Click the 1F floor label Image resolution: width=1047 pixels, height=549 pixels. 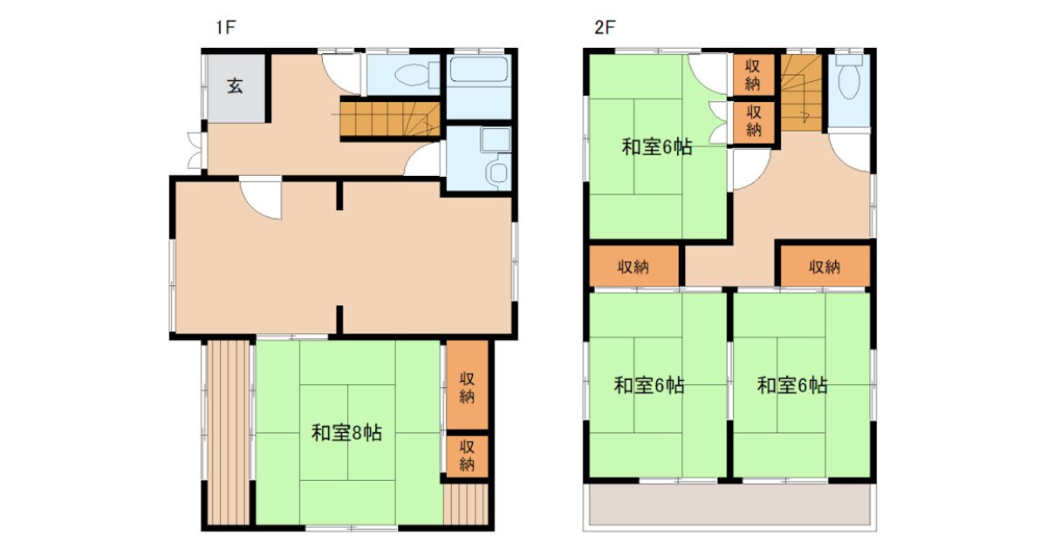[225, 28]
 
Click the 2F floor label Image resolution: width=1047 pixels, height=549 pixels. [605, 28]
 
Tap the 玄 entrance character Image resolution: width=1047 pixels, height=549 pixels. [235, 86]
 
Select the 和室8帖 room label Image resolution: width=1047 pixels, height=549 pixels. [347, 433]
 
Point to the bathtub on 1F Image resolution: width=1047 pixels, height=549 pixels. [478, 70]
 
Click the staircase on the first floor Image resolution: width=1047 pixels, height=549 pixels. [390, 119]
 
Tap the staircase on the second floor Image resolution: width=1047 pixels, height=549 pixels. [801, 93]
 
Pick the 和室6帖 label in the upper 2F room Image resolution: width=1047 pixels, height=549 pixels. [657, 147]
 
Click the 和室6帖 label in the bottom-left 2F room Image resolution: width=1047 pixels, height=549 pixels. [649, 385]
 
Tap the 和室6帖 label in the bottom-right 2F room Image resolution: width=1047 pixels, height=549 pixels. [792, 385]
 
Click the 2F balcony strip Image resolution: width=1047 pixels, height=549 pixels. [729, 505]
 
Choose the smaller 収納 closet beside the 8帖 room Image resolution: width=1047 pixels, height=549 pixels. [467, 457]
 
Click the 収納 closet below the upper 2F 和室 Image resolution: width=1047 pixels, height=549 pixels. [633, 266]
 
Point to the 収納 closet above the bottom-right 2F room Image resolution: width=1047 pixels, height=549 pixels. [825, 266]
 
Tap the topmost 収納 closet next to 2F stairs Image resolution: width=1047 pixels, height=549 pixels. [752, 75]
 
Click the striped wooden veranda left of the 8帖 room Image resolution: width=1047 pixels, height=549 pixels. [228, 433]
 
